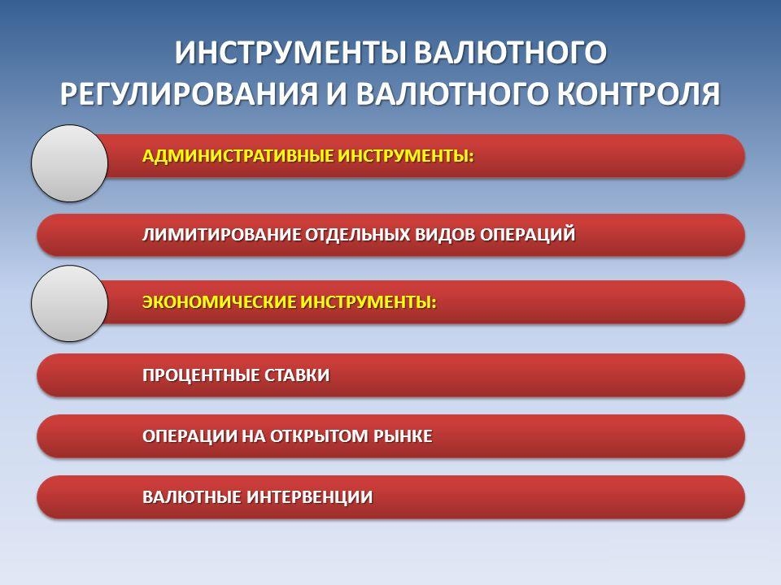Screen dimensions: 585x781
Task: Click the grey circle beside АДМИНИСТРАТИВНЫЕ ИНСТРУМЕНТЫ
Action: point(70,163)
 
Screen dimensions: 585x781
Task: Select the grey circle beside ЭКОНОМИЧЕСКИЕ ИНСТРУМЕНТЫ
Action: point(70,303)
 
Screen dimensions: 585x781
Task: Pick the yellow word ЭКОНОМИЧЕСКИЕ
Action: point(220,302)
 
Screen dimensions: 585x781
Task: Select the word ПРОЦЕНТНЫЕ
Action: point(203,375)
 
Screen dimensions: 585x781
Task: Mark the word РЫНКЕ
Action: point(402,436)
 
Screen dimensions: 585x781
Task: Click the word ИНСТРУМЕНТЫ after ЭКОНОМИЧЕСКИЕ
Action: point(369,302)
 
